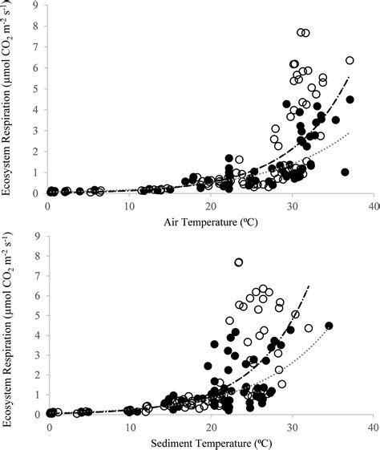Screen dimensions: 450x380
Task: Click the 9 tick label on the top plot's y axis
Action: point(39,6)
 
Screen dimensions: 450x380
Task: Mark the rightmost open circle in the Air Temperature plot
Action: point(350,60)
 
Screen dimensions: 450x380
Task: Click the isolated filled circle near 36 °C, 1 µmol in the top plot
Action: point(345,172)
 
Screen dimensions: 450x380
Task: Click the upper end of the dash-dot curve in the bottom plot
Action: point(309,285)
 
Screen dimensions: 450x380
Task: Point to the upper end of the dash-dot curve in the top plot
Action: point(350,77)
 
